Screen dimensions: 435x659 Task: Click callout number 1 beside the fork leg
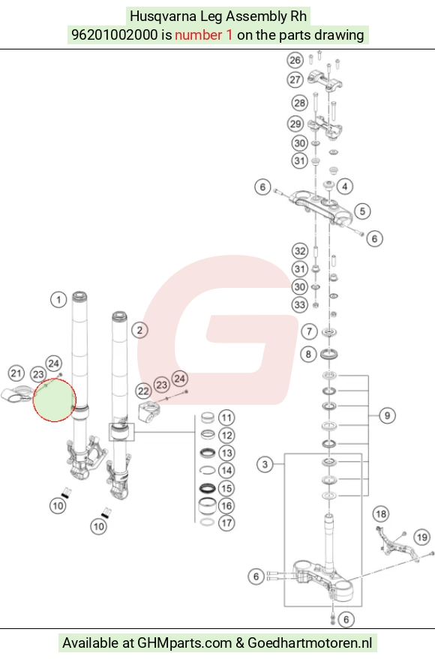pyautogui.click(x=58, y=300)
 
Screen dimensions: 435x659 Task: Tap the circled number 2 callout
pyautogui.click(x=139, y=331)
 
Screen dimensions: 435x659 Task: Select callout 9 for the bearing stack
pyautogui.click(x=387, y=415)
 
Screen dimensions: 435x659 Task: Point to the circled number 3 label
pyautogui.click(x=265, y=464)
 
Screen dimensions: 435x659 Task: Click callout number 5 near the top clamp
pyautogui.click(x=362, y=211)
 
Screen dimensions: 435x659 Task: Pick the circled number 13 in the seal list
pyautogui.click(x=226, y=453)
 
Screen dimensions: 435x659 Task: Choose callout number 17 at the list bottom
pyautogui.click(x=226, y=523)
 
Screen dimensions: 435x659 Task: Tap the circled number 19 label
pyautogui.click(x=422, y=537)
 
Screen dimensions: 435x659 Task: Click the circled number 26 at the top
pyautogui.click(x=295, y=61)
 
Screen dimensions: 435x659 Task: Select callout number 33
pyautogui.click(x=300, y=304)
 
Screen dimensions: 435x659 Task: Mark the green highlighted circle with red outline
pyautogui.click(x=55, y=400)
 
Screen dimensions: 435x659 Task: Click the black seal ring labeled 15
pyautogui.click(x=207, y=488)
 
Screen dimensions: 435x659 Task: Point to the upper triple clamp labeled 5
pyautogui.click(x=322, y=207)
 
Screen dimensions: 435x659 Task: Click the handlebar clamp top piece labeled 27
pyautogui.click(x=325, y=80)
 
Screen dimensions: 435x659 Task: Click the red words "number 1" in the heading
pyautogui.click(x=203, y=35)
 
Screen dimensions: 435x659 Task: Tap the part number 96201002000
pyautogui.click(x=114, y=35)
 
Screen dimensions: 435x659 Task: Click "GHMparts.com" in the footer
pyautogui.click(x=184, y=643)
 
